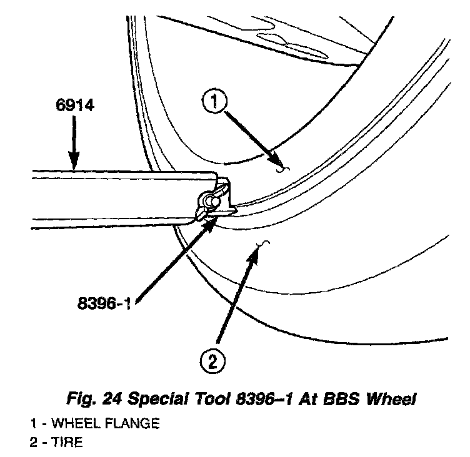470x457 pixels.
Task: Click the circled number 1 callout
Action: [214, 102]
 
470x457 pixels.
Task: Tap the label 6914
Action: [72, 106]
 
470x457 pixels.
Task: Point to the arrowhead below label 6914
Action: [74, 164]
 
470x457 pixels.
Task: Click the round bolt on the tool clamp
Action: [208, 201]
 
